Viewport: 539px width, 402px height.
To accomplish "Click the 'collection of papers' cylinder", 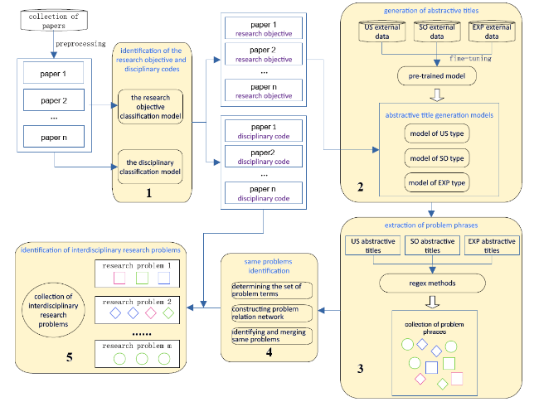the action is click(54, 20).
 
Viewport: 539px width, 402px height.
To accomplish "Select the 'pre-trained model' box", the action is click(437, 76).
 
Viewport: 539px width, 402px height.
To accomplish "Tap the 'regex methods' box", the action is click(432, 283).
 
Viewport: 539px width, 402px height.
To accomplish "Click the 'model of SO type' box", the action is click(437, 158).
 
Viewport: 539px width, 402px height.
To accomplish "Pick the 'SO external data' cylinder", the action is click(437, 31).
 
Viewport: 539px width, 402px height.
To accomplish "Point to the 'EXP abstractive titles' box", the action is click(492, 245).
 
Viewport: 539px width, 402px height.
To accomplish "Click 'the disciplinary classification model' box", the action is click(150, 167).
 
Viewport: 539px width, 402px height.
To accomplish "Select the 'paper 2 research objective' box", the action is click(264, 54).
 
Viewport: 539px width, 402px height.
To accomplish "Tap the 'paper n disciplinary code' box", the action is click(264, 193).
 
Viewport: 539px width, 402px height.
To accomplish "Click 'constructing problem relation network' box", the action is click(272, 313).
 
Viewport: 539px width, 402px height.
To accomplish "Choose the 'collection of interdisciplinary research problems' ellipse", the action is click(53, 310).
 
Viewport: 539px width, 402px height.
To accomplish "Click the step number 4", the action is click(269, 352).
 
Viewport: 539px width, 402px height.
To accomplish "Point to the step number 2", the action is click(360, 187).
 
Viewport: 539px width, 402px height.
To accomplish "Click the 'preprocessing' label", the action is click(80, 44).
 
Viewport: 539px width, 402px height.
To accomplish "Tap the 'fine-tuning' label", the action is click(470, 58).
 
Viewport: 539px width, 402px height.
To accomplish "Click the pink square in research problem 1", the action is click(119, 278).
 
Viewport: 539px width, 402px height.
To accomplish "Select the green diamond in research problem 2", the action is click(168, 313).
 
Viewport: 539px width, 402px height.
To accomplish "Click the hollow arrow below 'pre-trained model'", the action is click(437, 95).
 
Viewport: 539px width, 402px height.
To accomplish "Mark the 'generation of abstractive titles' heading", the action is click(431, 11).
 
